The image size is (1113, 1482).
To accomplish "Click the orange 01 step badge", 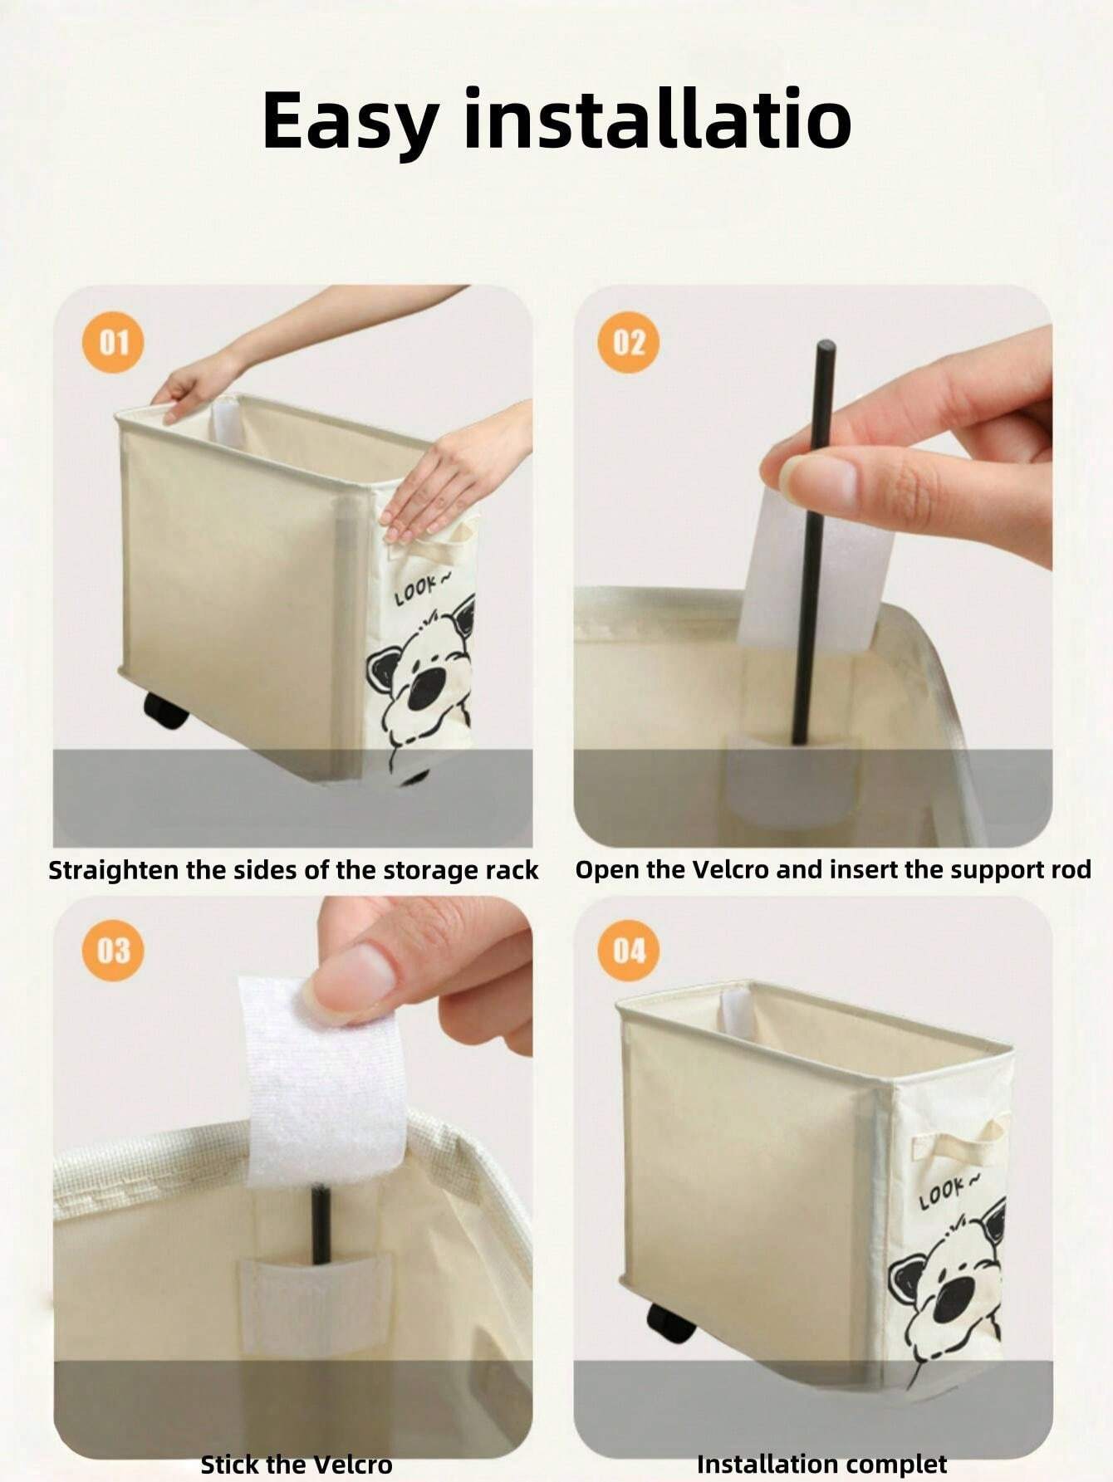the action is pos(114,342).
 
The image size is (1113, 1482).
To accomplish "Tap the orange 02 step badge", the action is pos(629,341).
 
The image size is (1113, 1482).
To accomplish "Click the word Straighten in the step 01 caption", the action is pos(114,871).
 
